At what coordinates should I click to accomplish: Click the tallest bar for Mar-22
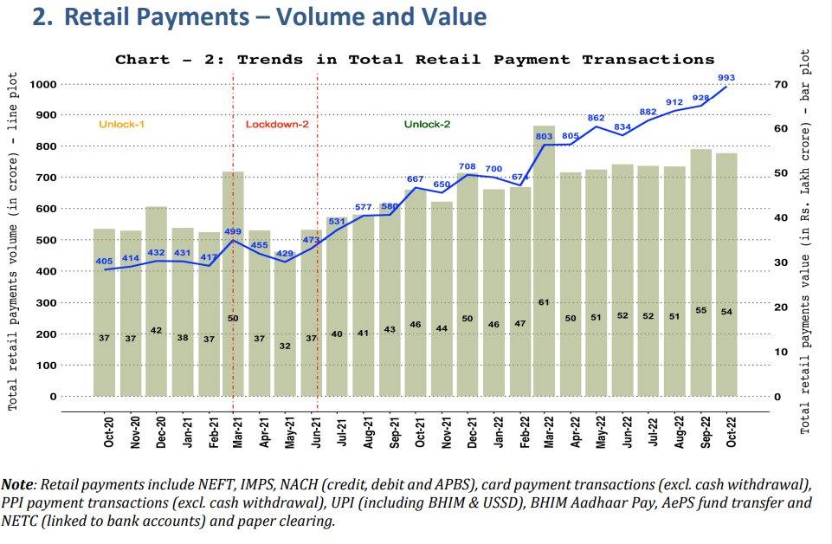tap(544, 260)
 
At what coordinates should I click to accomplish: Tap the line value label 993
tap(726, 78)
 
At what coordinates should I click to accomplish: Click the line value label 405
tap(105, 261)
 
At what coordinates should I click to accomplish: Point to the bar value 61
tap(544, 302)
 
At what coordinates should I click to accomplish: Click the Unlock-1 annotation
tap(121, 125)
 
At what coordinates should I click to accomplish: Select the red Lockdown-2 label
tap(277, 125)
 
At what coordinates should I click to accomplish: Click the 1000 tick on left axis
tap(42, 84)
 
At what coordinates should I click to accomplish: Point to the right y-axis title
tap(805, 243)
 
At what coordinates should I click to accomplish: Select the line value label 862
tap(596, 118)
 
